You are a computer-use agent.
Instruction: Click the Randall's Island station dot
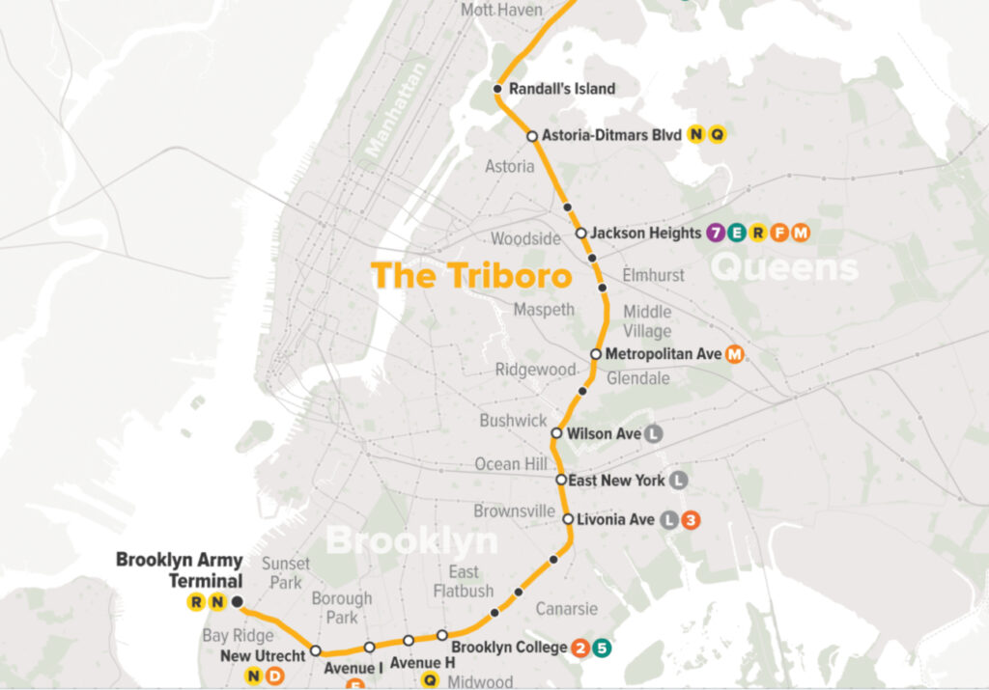[x=497, y=89]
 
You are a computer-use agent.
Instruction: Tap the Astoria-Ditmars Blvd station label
[x=611, y=135]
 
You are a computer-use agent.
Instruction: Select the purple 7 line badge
[x=715, y=233]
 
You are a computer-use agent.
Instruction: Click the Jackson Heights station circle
[x=580, y=233]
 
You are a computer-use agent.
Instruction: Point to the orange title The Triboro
[x=471, y=275]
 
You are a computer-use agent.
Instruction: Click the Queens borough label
[x=784, y=267]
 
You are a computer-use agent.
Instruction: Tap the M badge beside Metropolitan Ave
[x=734, y=354]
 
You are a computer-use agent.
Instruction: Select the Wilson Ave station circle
[x=556, y=433]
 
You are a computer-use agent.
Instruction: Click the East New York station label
[x=617, y=480]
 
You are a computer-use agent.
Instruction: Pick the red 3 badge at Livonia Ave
[x=690, y=520]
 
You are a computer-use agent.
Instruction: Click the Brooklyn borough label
[x=411, y=540]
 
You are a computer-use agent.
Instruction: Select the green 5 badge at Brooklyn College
[x=601, y=648]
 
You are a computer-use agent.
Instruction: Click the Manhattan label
[x=396, y=107]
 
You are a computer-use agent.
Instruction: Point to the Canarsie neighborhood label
[x=568, y=609]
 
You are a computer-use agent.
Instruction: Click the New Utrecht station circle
[x=315, y=651]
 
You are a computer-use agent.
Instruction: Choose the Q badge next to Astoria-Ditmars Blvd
[x=717, y=135]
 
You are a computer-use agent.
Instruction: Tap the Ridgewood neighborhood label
[x=536, y=370]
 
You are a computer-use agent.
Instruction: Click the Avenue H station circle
[x=409, y=640]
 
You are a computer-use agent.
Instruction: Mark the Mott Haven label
[x=501, y=10]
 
